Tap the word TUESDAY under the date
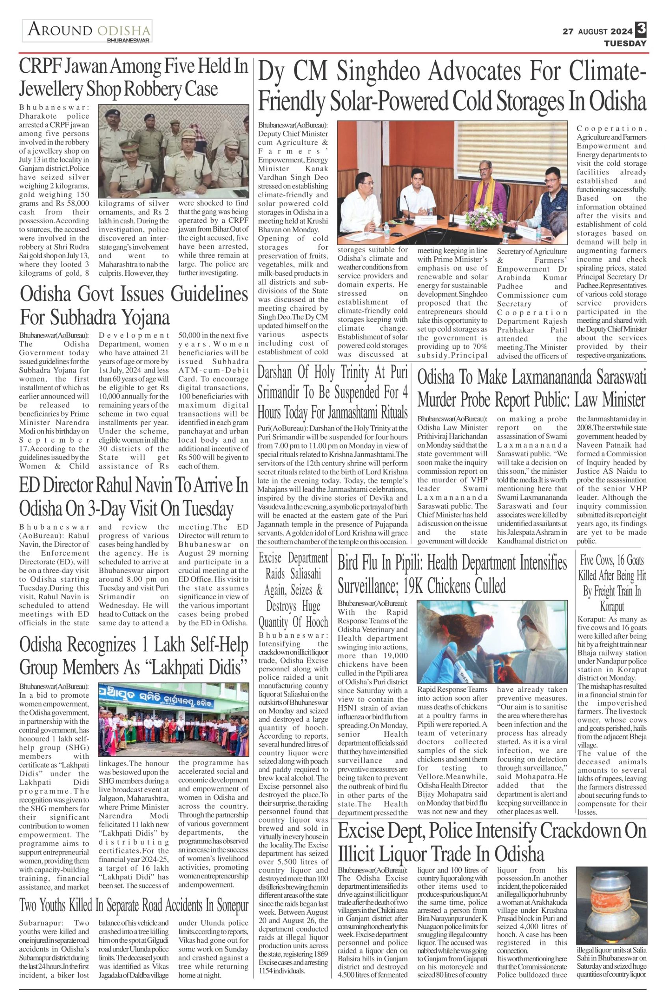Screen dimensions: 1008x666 pos(625,43)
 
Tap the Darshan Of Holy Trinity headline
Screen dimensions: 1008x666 pos(333,392)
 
